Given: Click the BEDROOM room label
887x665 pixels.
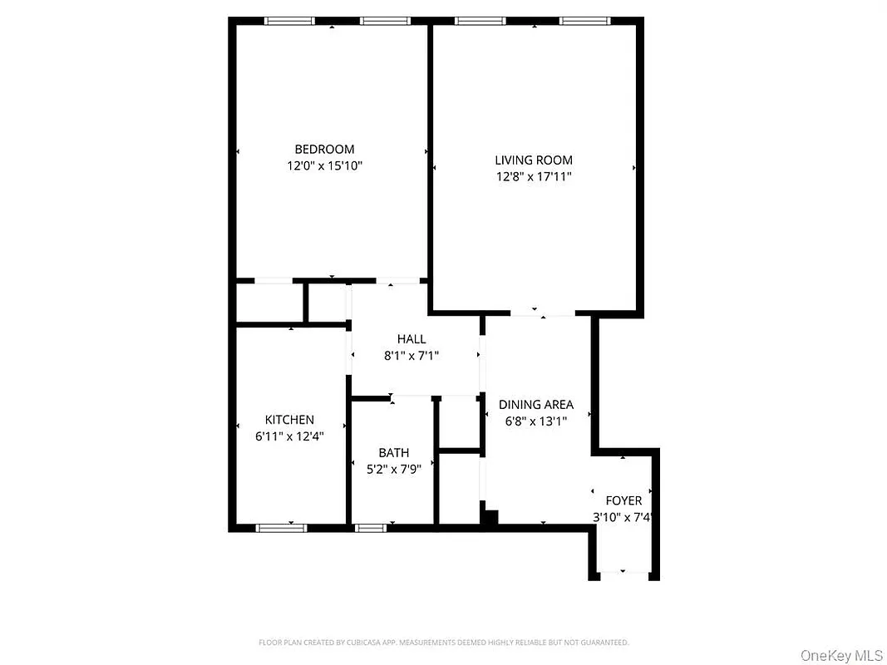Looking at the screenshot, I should pos(324,149).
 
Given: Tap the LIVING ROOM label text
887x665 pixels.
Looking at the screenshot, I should pos(534,160).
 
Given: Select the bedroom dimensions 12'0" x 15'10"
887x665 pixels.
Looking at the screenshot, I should pos(324,165).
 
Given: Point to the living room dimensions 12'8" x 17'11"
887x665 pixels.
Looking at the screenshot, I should pos(534,176).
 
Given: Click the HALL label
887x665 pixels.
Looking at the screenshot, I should pos(411,339).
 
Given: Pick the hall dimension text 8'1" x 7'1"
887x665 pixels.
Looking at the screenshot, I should pos(411,355).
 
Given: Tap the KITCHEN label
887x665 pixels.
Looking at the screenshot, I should pos(289,420).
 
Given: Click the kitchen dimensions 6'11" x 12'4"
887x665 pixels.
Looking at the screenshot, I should pos(289,436).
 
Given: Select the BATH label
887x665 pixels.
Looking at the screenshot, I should pos(394,453).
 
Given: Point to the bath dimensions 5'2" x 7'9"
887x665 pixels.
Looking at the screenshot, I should pos(394,469).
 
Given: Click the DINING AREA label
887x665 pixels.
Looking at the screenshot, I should pos(536,405).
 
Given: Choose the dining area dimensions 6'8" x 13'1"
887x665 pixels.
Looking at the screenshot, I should pos(536,421).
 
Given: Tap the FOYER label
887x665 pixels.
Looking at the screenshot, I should pos(623,500).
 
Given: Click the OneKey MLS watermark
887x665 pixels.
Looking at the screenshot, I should pos(841,656).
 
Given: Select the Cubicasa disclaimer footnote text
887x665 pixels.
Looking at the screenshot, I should pos(443,643).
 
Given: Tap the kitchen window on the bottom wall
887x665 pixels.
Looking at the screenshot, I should pos(281,527).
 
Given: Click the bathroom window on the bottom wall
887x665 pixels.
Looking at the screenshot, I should pos(370,527).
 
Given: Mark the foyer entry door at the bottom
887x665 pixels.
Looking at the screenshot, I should pos(623,573).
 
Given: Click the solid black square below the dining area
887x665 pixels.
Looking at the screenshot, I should pos(490,518).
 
